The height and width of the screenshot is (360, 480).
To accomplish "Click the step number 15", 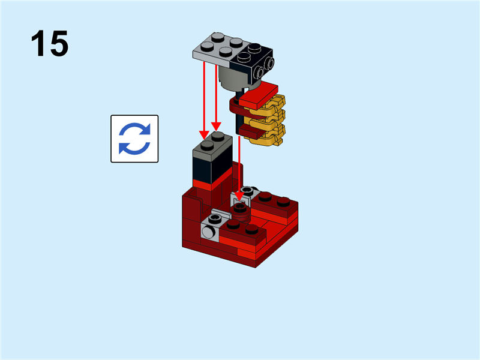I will click(50, 44).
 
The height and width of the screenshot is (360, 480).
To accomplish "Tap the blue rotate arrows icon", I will click(134, 139).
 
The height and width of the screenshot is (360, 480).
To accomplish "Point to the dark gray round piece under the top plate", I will click(230, 78).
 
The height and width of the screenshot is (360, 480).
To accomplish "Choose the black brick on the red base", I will click(211, 163).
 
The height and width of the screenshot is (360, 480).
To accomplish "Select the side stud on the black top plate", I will click(270, 63).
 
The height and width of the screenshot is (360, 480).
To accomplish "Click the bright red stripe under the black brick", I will click(213, 180).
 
